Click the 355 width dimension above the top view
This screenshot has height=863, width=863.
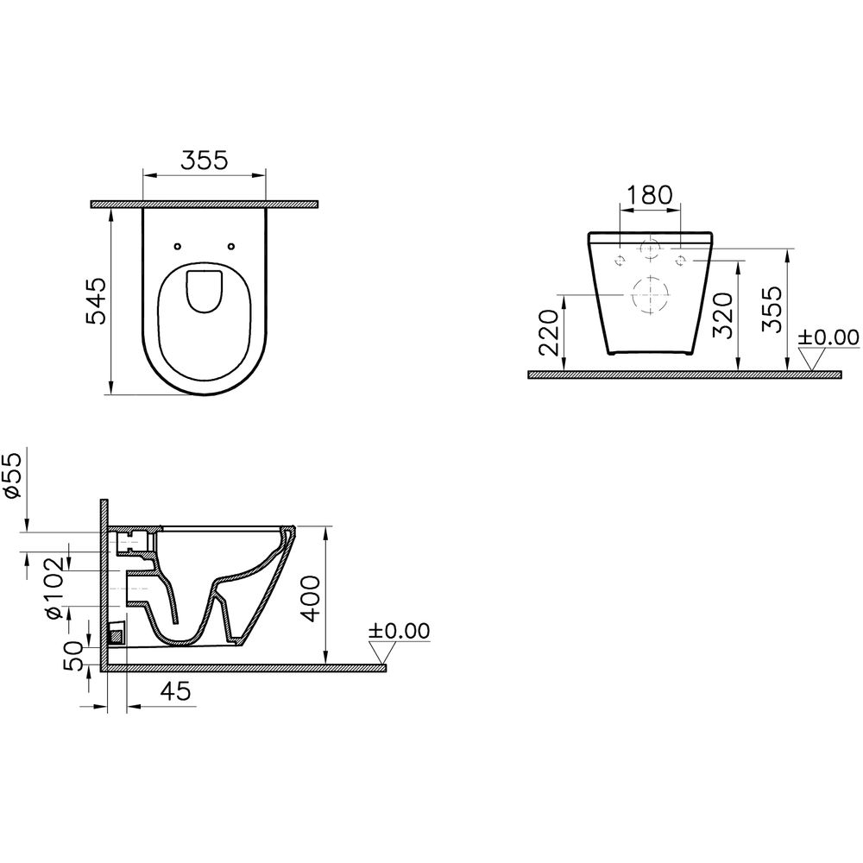point(205,161)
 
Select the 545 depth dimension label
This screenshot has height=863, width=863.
point(98,301)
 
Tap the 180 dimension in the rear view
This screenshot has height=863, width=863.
point(650,194)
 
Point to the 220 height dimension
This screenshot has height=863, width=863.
point(551,332)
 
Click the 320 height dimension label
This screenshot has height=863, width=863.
point(723,315)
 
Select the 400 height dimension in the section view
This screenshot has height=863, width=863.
point(312,598)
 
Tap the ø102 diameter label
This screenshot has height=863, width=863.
point(56,589)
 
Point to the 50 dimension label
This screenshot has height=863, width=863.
point(75,656)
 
